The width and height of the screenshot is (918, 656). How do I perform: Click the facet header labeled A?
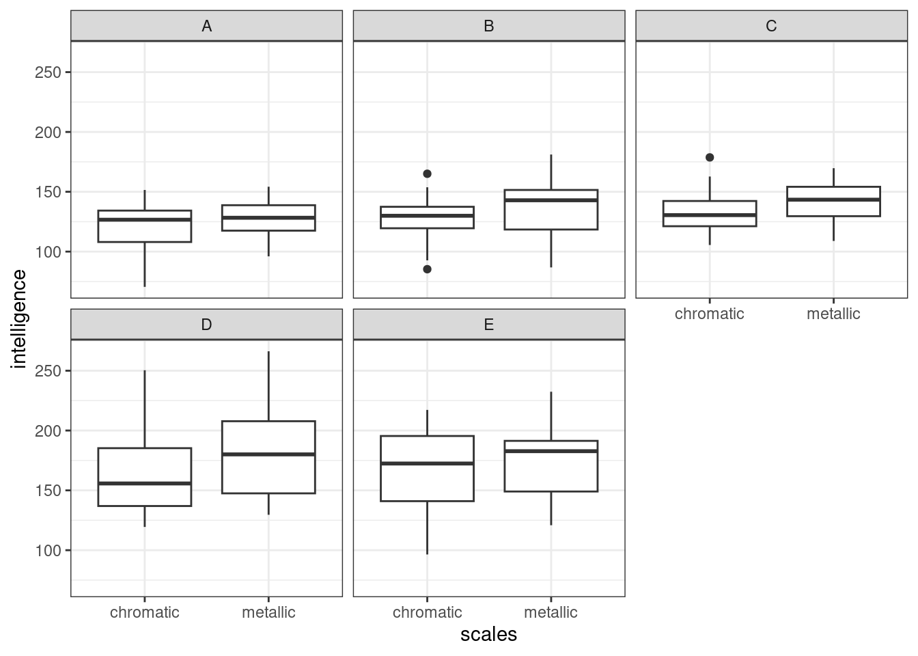206,26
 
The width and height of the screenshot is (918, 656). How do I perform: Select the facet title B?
488,26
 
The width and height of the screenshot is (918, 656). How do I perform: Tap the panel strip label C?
771,26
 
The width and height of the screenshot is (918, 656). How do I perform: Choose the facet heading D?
206,325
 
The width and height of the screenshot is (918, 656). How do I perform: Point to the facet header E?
488,325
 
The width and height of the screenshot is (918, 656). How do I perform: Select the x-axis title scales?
488,634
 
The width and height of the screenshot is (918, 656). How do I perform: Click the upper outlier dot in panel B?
427,174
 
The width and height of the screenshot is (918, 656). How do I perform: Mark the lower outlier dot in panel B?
427,269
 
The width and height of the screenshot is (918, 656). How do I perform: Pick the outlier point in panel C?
710,157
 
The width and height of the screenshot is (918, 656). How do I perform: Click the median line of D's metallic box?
268,454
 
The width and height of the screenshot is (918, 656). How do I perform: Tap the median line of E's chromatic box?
427,463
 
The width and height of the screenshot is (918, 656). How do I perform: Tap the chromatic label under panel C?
710,314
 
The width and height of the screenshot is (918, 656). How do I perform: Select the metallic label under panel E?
551,612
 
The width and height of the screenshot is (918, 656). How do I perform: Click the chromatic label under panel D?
145,612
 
